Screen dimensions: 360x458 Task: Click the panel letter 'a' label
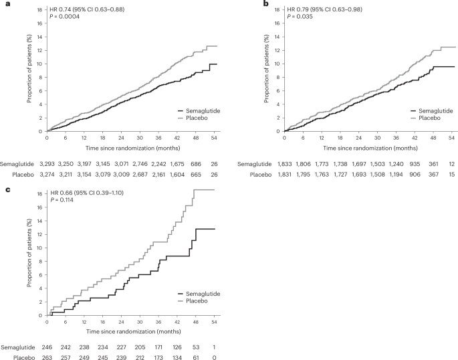coord(3,4)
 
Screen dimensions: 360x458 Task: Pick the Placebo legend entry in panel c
coord(195,300)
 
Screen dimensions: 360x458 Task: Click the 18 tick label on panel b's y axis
coord(273,10)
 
